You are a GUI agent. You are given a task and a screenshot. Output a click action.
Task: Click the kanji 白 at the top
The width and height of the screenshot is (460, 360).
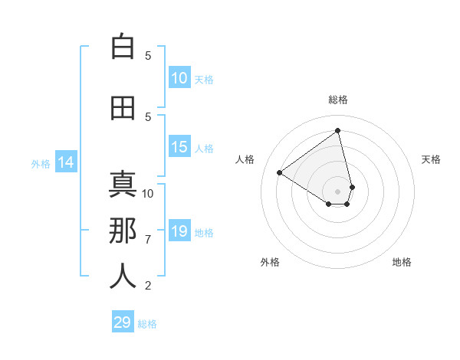(123, 47)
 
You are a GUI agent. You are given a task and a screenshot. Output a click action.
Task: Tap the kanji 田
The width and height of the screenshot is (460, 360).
(123, 109)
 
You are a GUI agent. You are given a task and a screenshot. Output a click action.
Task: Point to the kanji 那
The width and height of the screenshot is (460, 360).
(123, 231)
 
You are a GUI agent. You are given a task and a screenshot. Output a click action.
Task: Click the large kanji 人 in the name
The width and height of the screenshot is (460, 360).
(123, 277)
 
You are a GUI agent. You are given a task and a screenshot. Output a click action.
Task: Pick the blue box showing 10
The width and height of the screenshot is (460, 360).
(179, 78)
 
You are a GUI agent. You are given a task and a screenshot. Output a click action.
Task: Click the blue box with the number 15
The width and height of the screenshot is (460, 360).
(179, 148)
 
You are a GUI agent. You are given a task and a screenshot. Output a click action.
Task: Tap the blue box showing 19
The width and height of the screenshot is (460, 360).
(179, 231)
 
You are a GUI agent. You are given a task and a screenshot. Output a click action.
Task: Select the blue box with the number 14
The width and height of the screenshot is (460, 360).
(66, 162)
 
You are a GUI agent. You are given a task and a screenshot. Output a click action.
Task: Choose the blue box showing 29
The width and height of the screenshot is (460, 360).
(123, 322)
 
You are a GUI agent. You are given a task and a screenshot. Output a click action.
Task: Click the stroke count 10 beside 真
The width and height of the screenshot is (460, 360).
(148, 193)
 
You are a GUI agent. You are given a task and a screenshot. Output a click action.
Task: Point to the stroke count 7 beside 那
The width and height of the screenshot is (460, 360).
(148, 240)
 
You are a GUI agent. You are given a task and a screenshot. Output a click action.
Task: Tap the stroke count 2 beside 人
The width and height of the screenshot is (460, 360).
(148, 286)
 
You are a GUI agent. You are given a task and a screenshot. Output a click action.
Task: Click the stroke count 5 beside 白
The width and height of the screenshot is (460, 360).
(148, 56)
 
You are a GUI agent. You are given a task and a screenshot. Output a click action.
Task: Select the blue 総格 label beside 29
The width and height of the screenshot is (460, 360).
(147, 324)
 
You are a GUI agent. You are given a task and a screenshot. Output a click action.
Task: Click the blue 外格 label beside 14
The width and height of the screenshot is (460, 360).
(41, 163)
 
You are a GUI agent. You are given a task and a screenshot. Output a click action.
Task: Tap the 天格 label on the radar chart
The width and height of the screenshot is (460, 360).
(431, 159)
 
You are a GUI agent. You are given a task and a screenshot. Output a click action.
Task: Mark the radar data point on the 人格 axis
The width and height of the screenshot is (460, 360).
(280, 173)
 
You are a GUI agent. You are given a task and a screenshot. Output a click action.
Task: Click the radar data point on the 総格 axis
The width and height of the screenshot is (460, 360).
(337, 131)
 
